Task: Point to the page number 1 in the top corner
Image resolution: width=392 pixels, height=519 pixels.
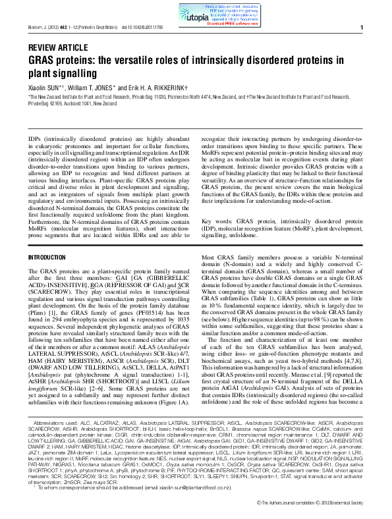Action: tap(362, 28)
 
